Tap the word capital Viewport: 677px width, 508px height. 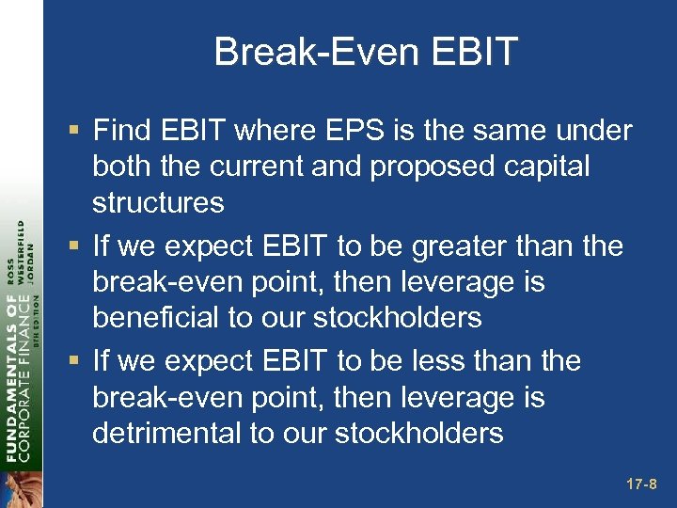coord(554,167)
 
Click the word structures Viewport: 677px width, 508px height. coord(158,202)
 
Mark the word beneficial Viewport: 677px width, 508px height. coord(165,318)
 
